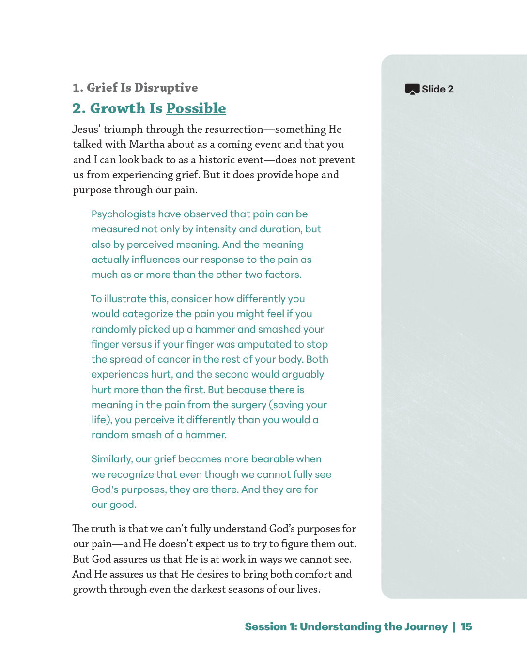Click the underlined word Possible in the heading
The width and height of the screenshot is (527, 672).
[x=196, y=108]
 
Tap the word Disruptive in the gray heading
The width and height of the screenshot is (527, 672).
[x=166, y=88]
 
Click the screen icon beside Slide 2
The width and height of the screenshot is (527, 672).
[x=412, y=89]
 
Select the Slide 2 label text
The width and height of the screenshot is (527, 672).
[x=438, y=89]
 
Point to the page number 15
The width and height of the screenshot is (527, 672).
[x=466, y=626]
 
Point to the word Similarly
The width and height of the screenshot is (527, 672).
[x=111, y=459]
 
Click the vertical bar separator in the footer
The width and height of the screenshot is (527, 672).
[x=454, y=626]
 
